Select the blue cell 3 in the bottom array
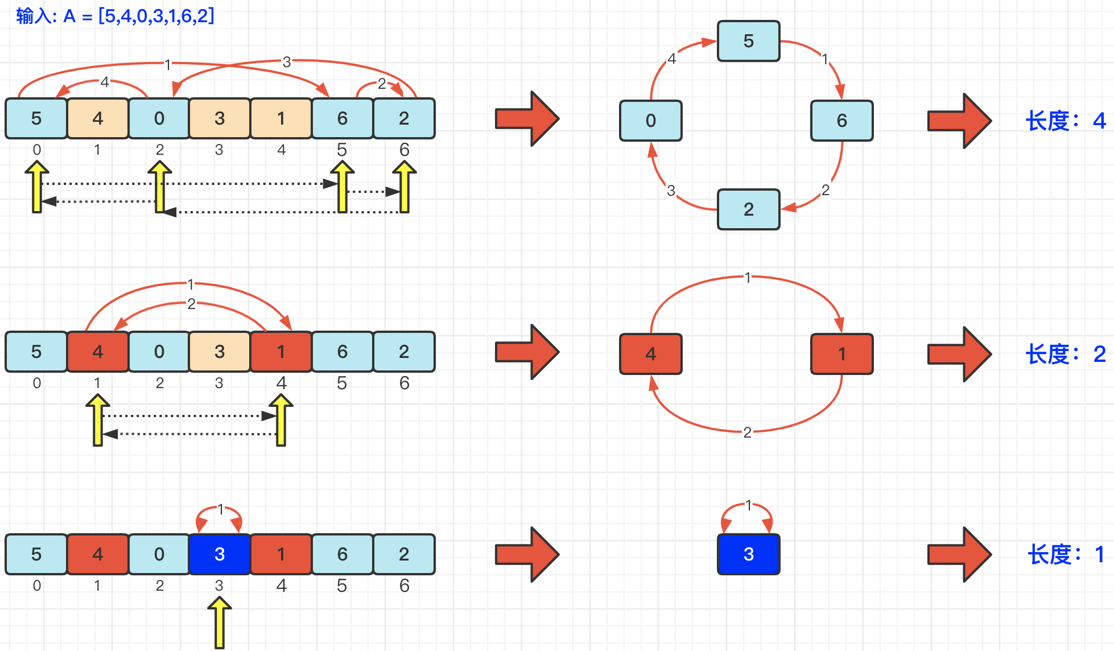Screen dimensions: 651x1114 tap(220, 554)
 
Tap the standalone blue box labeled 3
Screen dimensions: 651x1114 tap(748, 554)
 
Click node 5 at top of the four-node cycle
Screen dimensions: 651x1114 tap(748, 41)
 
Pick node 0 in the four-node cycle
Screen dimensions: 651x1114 tap(650, 121)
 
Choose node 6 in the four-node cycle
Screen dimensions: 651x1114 tap(841, 121)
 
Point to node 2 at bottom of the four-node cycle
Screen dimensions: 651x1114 tap(748, 209)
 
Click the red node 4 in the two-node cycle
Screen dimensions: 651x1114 tap(650, 354)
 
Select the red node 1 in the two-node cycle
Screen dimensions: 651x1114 tap(841, 354)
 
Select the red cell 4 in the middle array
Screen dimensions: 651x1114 tap(98, 352)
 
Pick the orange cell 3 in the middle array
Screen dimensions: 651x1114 tap(220, 352)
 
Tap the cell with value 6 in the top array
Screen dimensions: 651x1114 tap(342, 118)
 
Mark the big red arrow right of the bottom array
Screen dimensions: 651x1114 tap(527, 554)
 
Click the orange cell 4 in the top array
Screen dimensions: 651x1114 tap(98, 118)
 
